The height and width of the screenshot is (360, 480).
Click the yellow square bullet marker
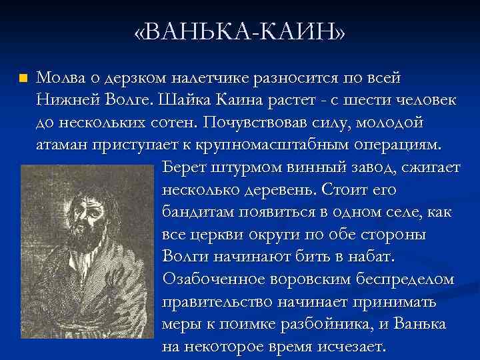(x=23, y=78)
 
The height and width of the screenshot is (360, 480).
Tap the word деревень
(x=278, y=191)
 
